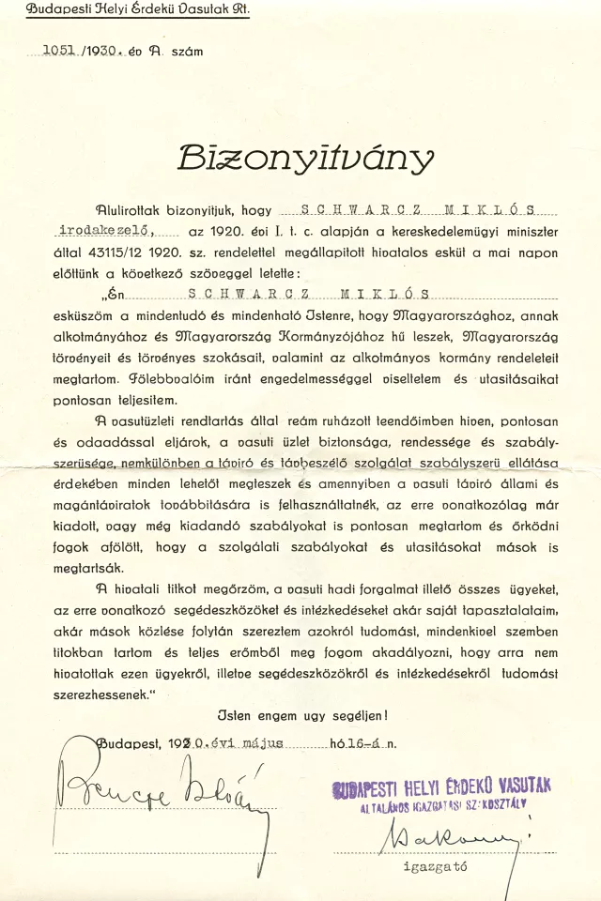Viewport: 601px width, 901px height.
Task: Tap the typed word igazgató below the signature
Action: pyautogui.click(x=435, y=866)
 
